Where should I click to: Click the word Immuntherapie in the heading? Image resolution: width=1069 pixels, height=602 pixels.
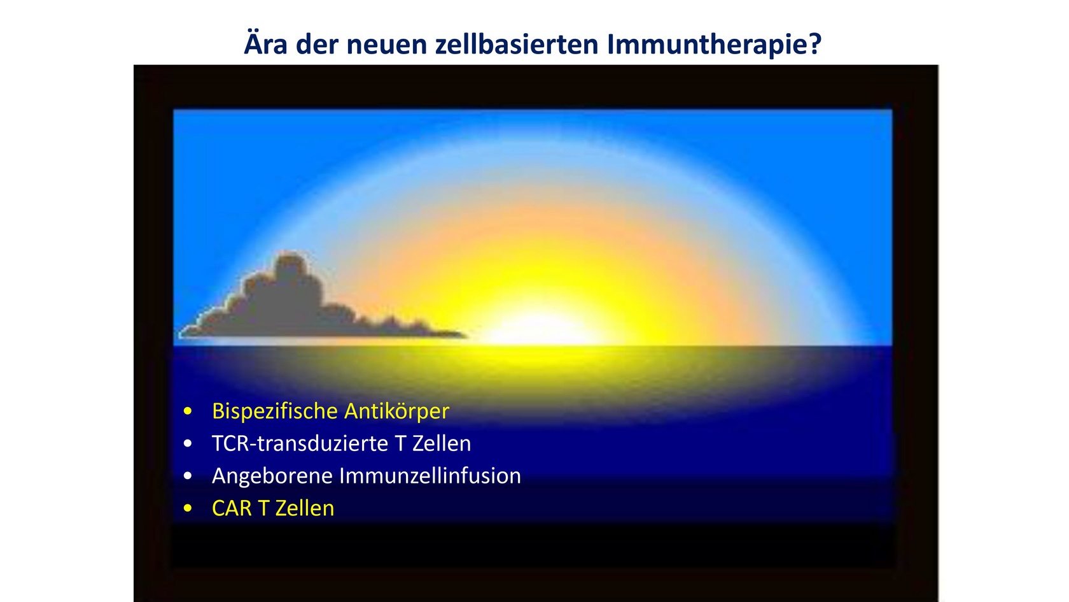(707, 45)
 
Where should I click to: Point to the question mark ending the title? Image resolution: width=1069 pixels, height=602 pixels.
(814, 43)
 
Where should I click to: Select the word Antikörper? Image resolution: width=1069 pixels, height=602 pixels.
(396, 412)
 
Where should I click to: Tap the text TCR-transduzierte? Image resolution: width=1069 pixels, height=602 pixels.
(300, 443)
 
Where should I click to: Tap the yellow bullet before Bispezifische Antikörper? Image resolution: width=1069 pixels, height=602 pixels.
(188, 411)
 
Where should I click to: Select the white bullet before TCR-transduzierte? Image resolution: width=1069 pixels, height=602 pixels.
(188, 443)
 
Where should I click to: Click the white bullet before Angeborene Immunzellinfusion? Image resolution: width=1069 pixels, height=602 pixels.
(188, 476)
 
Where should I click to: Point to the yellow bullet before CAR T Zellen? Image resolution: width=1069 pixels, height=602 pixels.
(188, 508)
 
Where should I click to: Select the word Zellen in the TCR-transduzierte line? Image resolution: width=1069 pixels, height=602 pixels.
(442, 443)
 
